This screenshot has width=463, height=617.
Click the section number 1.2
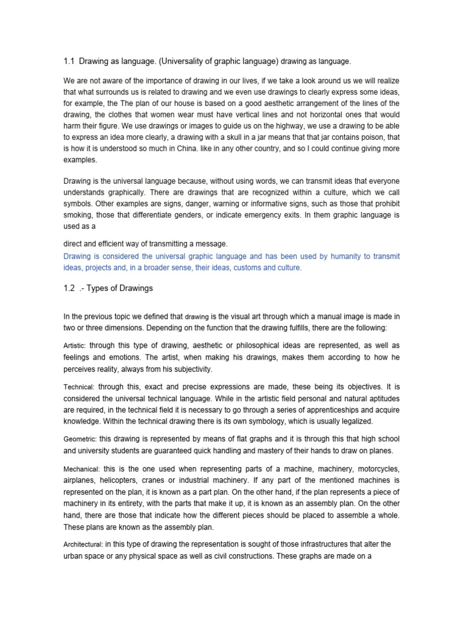pyautogui.click(x=68, y=288)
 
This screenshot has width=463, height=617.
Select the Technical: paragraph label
pyautogui.click(x=78, y=387)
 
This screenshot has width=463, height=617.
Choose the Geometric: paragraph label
pyautogui.click(x=80, y=440)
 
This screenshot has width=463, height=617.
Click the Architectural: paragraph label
pyautogui.click(x=83, y=545)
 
